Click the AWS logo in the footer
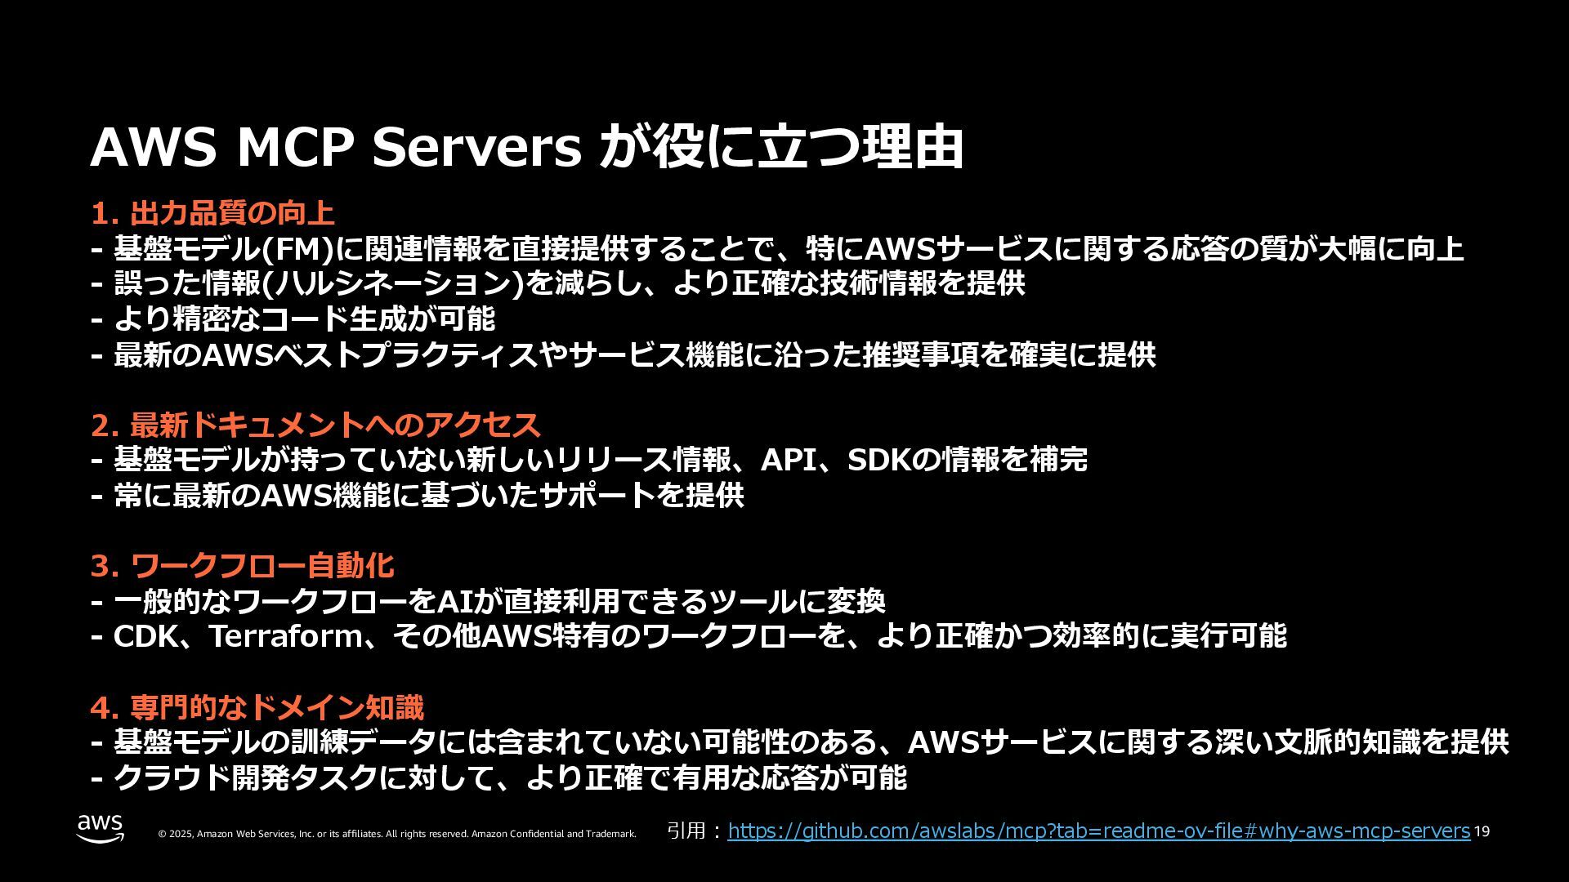click(x=101, y=828)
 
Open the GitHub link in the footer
click(x=1098, y=831)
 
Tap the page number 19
click(x=1482, y=832)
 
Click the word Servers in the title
click(x=476, y=148)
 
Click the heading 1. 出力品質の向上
click(x=212, y=214)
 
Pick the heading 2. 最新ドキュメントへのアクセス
click(x=315, y=425)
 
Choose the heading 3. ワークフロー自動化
click(x=242, y=566)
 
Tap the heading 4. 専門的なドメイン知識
click(x=257, y=707)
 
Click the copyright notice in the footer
click(x=396, y=834)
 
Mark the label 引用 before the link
click(x=686, y=831)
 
